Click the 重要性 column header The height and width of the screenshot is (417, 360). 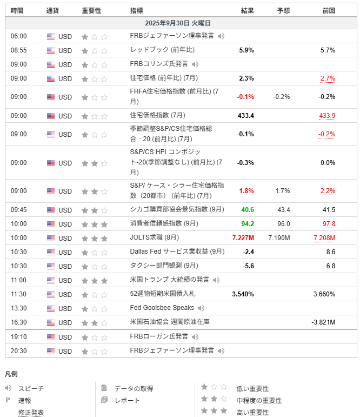click(x=91, y=10)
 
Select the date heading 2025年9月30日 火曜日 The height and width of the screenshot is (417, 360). click(x=178, y=23)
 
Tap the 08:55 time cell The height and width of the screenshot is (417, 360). click(x=18, y=50)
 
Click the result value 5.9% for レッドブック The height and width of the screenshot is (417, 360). click(x=246, y=50)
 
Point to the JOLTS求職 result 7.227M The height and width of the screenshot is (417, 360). click(x=243, y=238)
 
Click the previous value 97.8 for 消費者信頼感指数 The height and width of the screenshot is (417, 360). click(x=329, y=224)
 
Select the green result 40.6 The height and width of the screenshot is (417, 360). click(x=248, y=210)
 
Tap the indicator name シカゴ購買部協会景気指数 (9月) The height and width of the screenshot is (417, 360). click(x=177, y=210)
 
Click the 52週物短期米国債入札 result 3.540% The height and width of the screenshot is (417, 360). click(x=243, y=294)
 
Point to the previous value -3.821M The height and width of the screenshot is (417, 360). click(x=323, y=322)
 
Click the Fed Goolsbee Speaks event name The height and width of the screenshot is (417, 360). click(x=162, y=308)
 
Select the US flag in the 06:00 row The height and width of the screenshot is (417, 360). click(x=51, y=36)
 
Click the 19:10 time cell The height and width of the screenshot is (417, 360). click(x=18, y=337)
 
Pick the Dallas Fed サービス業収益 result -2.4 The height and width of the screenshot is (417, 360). click(x=249, y=252)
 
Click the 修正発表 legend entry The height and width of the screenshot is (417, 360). click(x=31, y=413)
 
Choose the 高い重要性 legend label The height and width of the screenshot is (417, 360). click(x=252, y=413)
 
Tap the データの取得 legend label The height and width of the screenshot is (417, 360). click(x=134, y=388)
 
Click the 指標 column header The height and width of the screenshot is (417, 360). click(x=137, y=10)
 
